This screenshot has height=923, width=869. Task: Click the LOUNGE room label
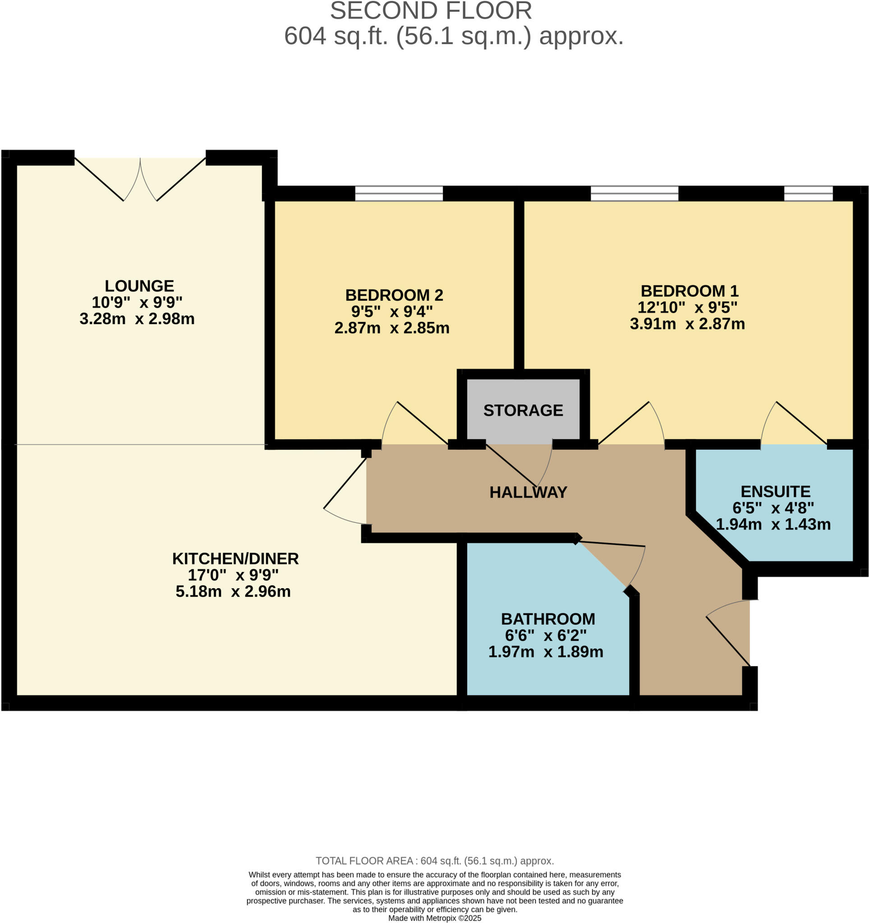139,286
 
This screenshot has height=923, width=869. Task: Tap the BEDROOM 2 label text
394,295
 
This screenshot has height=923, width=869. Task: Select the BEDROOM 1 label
689,291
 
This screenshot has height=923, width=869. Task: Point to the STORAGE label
523,410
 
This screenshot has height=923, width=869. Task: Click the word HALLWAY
528,492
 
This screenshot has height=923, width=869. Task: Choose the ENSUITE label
775,491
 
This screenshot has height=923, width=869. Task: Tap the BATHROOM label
547,619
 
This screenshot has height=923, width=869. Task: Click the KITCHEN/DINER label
235,558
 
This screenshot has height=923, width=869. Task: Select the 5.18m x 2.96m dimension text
233,591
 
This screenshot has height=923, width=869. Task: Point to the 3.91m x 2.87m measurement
687,324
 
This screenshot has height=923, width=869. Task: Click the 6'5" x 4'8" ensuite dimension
773,508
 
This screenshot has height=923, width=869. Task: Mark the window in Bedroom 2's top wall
399,193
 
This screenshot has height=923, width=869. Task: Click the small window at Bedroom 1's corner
808,193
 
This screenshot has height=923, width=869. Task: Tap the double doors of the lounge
140,179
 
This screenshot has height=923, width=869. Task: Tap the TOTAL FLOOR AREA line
434,861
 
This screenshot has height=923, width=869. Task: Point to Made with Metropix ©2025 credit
434,918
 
